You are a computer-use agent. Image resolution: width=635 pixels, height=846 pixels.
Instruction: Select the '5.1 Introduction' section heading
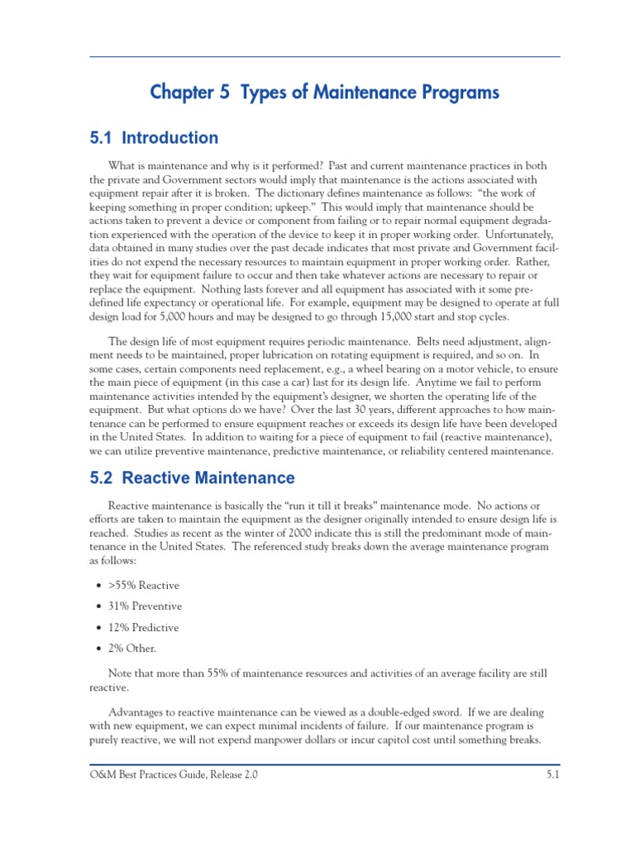click(x=154, y=138)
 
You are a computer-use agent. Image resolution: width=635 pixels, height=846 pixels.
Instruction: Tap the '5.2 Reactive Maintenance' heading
click(x=192, y=478)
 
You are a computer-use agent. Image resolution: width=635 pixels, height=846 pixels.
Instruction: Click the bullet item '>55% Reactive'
click(x=143, y=585)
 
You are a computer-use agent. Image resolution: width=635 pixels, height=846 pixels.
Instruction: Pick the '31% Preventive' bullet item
click(x=145, y=606)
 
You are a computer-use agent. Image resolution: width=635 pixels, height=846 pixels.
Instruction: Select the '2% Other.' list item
click(x=132, y=648)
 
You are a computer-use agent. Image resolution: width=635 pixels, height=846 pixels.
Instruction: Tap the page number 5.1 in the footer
click(x=553, y=776)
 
